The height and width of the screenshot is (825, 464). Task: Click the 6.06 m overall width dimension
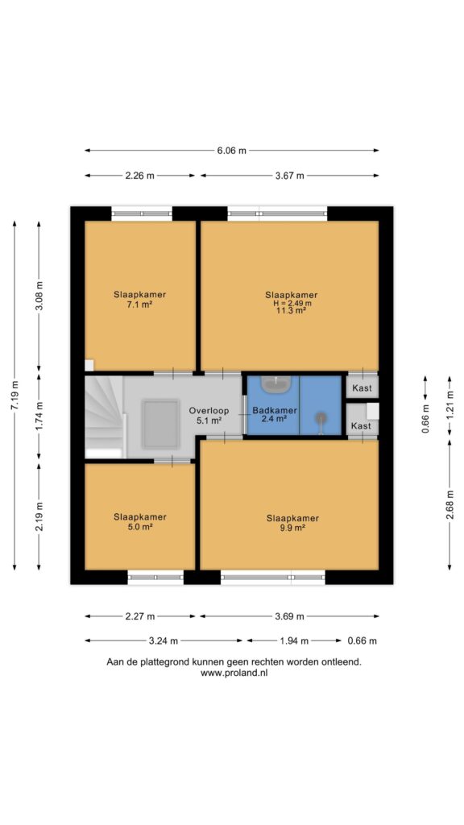click(x=231, y=151)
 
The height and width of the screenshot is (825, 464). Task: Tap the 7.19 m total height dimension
click(x=14, y=395)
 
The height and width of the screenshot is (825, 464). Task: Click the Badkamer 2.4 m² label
click(x=275, y=415)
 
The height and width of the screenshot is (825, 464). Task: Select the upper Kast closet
click(x=362, y=388)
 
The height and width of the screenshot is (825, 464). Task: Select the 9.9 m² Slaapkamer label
click(x=292, y=523)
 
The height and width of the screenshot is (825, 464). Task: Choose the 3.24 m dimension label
click(x=164, y=641)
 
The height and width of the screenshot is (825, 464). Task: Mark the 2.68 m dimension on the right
click(x=449, y=504)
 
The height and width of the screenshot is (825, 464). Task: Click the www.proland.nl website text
click(x=234, y=673)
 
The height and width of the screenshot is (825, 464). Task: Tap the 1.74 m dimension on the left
click(x=39, y=417)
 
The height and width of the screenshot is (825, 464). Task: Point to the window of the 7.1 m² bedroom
click(x=142, y=214)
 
